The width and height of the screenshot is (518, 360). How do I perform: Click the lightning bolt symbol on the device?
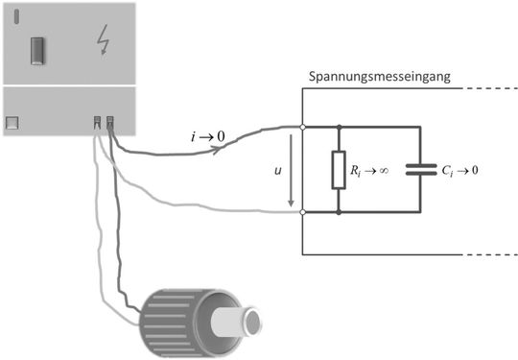pyautogui.click(x=103, y=40)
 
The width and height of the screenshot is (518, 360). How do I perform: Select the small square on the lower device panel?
pyautogui.click(x=12, y=122)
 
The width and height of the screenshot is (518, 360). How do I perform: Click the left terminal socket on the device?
pyautogui.click(x=98, y=122)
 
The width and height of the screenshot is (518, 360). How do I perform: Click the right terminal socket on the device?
pyautogui.click(x=110, y=122)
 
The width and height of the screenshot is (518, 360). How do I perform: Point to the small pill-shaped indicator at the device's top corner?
pyautogui.click(x=15, y=16)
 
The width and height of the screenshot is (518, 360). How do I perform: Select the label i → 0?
pyautogui.click(x=208, y=138)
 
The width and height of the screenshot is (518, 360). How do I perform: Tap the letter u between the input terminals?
pyautogui.click(x=278, y=169)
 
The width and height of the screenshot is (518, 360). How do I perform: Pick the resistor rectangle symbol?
pyautogui.click(x=338, y=169)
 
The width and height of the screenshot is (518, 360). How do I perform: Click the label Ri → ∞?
pyautogui.click(x=369, y=170)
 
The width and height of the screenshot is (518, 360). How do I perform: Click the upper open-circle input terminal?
pyautogui.click(x=302, y=126)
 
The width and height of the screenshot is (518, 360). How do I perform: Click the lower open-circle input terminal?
pyautogui.click(x=302, y=212)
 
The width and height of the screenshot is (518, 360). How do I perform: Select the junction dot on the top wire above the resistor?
pyautogui.click(x=338, y=126)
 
